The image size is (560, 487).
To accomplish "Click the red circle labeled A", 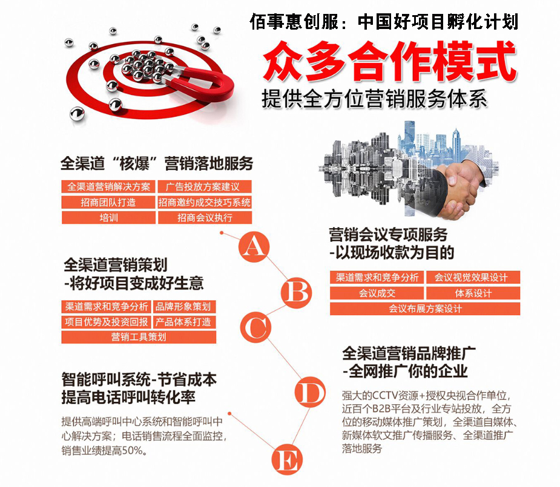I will (x=254, y=247).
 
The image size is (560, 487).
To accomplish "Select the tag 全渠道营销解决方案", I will (x=108, y=186).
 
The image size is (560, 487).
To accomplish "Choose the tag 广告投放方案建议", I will (x=204, y=186).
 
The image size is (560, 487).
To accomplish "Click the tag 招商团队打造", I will (x=108, y=202).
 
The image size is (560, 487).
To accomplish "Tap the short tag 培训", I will (x=108, y=218).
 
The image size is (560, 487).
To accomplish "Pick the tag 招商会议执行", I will (x=204, y=218).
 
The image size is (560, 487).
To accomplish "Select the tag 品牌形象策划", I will (x=183, y=307).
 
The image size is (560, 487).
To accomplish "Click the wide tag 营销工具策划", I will (x=139, y=337).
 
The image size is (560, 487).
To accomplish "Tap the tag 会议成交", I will (x=377, y=293).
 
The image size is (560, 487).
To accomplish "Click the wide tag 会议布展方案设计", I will (x=424, y=309).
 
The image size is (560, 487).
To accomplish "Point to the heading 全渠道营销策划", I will (x=116, y=265).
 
